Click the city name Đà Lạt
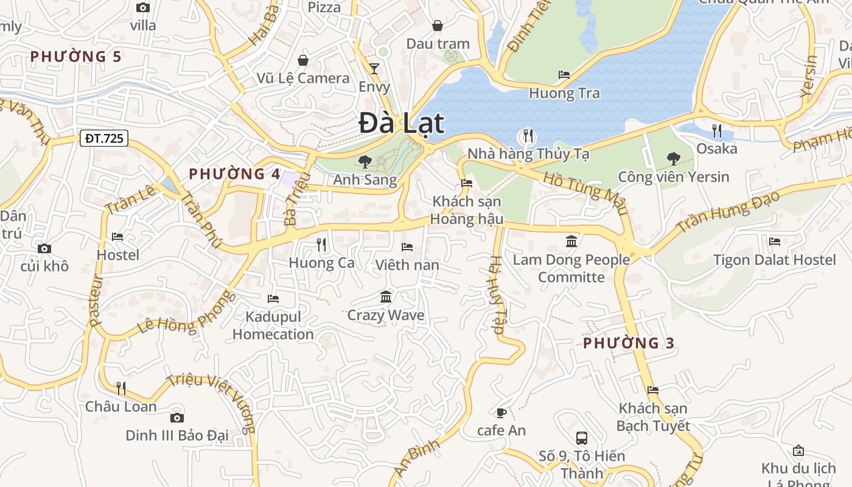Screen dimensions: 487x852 (401, 124)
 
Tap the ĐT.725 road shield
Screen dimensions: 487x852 (104, 138)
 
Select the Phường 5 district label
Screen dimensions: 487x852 (76, 57)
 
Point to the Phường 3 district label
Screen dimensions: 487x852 (629, 343)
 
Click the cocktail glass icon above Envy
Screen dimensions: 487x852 (374, 68)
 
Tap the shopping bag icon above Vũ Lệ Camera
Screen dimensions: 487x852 (302, 60)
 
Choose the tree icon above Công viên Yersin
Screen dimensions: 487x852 (673, 159)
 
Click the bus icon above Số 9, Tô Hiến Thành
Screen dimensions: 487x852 (582, 438)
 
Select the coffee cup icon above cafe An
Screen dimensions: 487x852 (501, 413)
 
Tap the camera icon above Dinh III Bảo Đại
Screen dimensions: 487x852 (177, 418)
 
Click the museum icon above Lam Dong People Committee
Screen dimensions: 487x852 (571, 242)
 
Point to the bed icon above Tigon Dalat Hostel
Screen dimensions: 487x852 (775, 242)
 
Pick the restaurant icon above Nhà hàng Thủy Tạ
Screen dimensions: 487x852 (528, 135)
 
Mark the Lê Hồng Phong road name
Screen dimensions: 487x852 (186, 312)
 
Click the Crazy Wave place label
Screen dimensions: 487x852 (386, 315)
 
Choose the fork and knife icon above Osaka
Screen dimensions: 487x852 (717, 130)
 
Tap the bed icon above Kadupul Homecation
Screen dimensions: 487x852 (273, 299)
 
